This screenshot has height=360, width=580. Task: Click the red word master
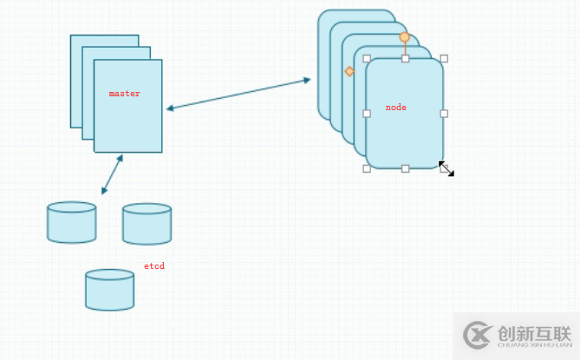(x=124, y=94)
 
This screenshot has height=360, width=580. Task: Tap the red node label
(x=395, y=108)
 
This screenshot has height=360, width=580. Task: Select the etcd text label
(x=153, y=266)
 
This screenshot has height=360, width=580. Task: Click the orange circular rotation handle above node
(x=404, y=37)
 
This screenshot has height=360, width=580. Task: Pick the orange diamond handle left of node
(x=349, y=71)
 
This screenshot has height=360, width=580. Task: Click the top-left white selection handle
(x=367, y=59)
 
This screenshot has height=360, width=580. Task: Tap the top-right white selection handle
(x=444, y=59)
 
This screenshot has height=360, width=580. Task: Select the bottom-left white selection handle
(x=367, y=168)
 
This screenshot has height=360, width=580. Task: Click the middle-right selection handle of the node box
(x=444, y=114)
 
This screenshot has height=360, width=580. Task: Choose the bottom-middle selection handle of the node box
(x=405, y=168)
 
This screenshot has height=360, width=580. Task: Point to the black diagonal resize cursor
(x=446, y=169)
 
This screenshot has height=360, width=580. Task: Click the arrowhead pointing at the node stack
(x=307, y=80)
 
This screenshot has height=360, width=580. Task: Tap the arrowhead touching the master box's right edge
(x=170, y=108)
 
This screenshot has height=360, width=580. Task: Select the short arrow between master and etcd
(x=112, y=174)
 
